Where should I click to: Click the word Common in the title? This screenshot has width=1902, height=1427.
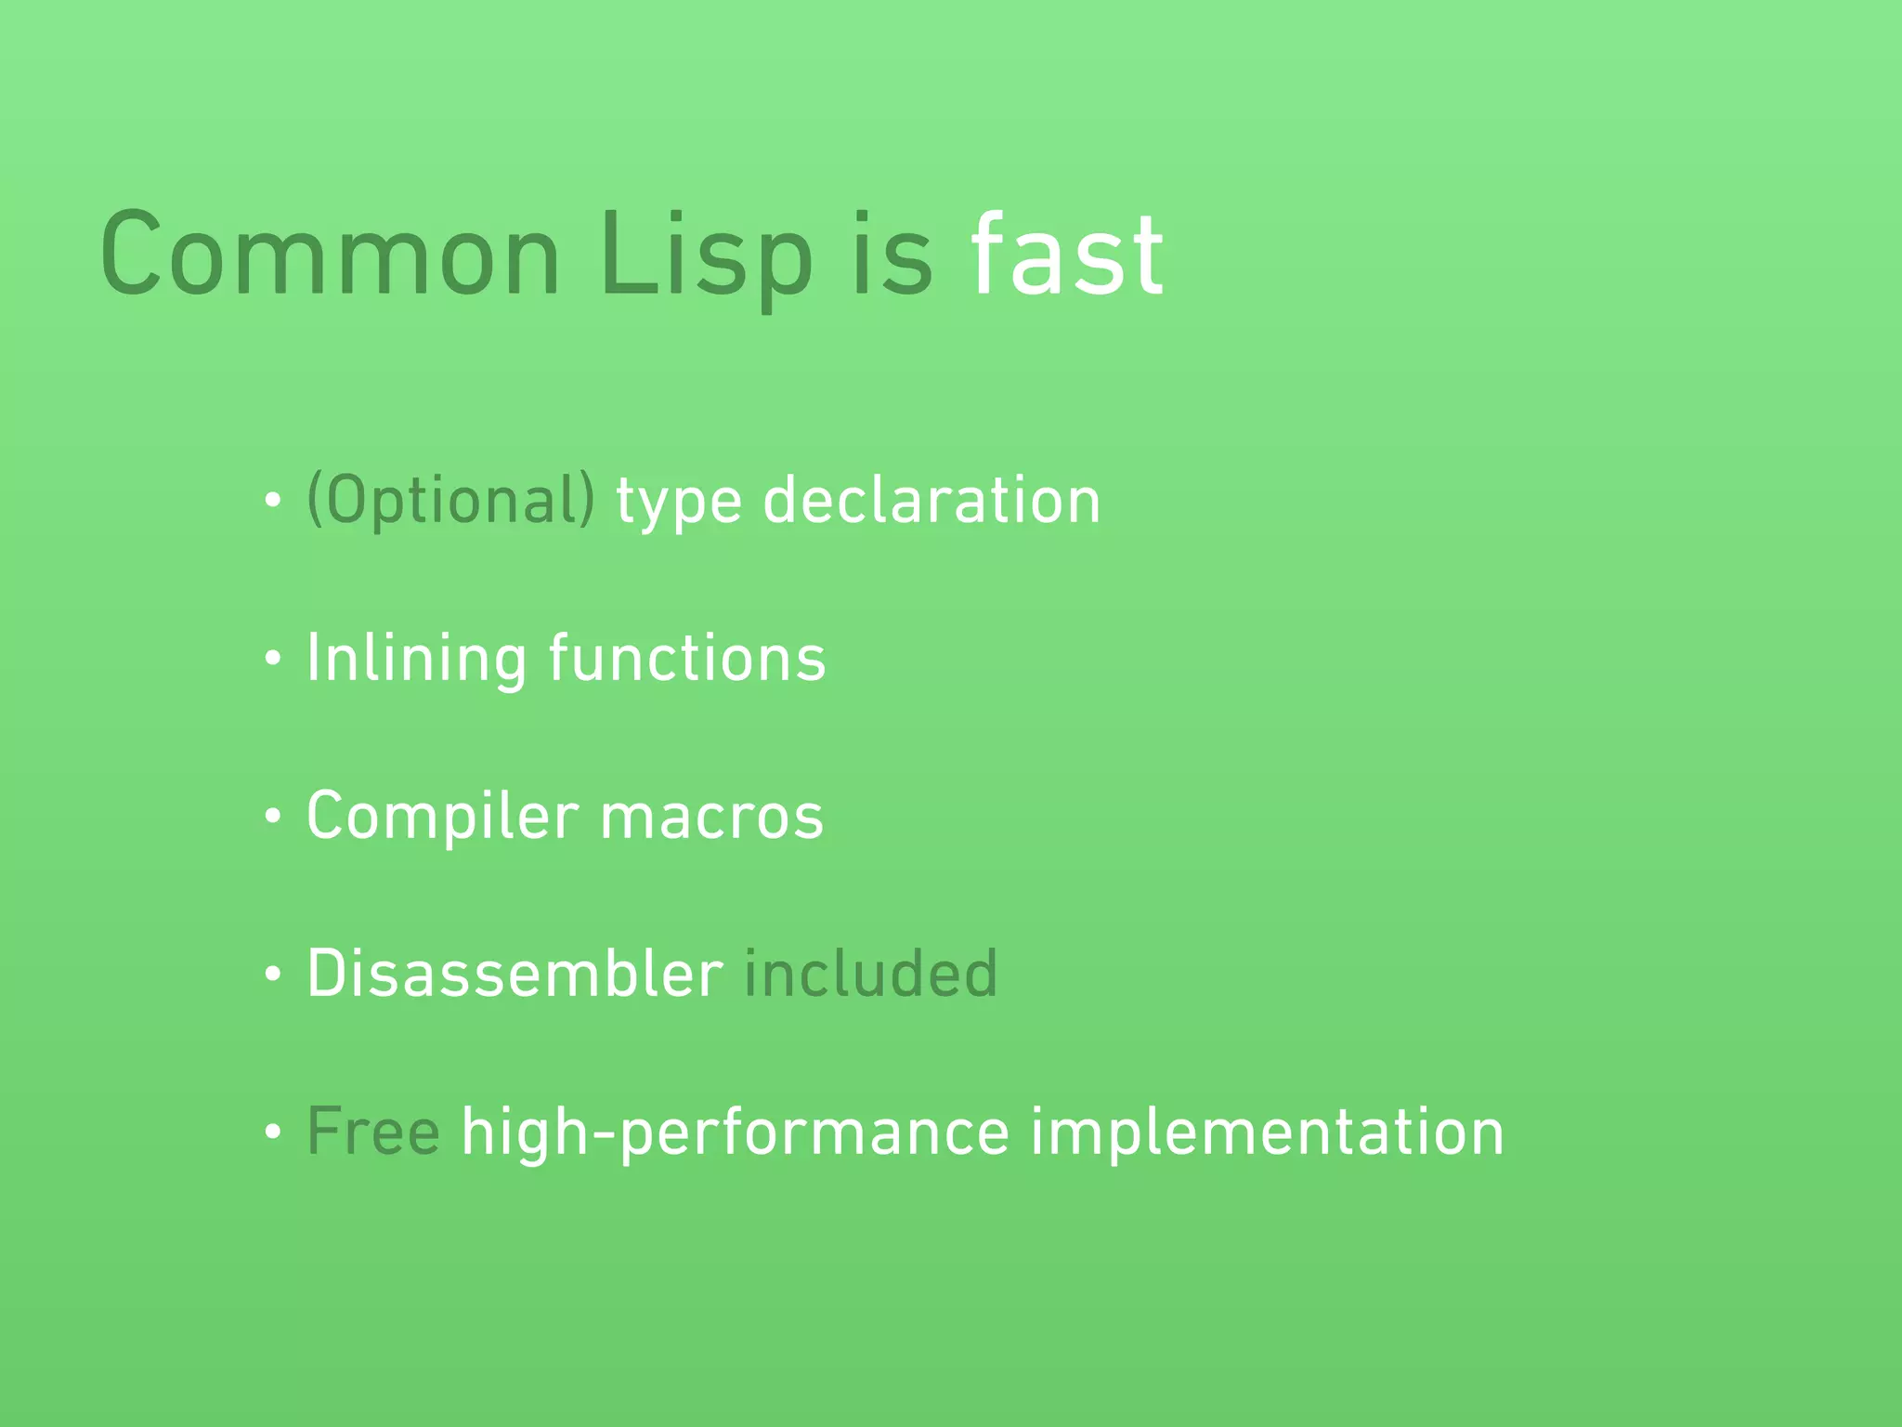click(x=330, y=255)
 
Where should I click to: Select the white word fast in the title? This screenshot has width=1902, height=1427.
click(x=1066, y=255)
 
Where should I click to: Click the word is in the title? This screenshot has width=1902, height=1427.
click(x=891, y=255)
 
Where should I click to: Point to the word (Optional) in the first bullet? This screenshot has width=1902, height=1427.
click(x=450, y=501)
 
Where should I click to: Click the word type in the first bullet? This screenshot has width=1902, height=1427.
click(x=679, y=503)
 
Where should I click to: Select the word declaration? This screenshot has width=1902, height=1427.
click(x=931, y=501)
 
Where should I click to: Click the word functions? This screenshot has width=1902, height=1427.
click(x=686, y=658)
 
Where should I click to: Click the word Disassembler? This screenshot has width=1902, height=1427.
click(x=515, y=974)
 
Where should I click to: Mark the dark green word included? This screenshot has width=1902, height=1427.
click(x=870, y=974)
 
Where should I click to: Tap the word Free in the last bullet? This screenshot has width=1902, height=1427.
click(x=373, y=1132)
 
